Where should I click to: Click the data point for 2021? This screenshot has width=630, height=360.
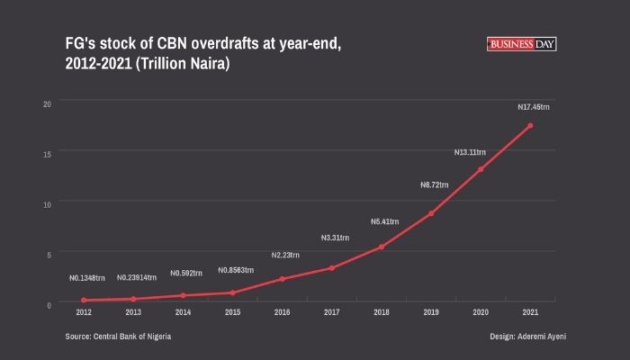530,125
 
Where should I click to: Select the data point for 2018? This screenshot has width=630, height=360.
382,247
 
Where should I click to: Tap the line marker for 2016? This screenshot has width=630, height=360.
282,279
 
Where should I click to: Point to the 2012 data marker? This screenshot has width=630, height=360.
84,300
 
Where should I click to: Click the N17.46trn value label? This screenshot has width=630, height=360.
534,107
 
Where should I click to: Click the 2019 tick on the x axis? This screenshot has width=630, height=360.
431,312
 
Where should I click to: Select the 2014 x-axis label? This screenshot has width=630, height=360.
183,312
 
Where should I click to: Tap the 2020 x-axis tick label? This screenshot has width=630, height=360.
481,312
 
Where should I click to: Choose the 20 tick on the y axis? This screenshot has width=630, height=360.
47,103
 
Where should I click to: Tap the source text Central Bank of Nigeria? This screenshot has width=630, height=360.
132,336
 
